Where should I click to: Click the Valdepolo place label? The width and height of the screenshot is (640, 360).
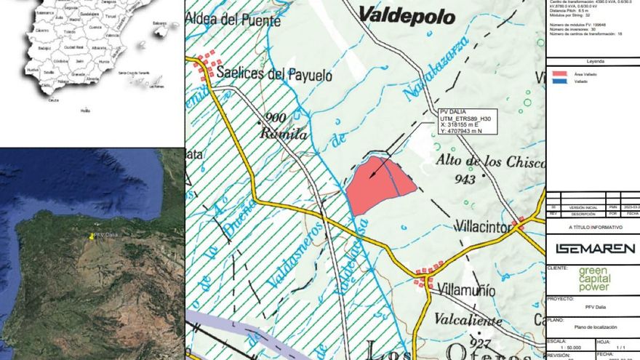tap(407, 15)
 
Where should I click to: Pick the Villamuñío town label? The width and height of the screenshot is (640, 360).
tap(468, 291)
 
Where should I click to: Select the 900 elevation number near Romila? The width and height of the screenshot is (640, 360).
tap(276, 118)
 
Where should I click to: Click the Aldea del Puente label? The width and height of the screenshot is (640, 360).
tap(233, 22)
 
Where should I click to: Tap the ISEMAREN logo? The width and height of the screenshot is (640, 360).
tap(595, 249)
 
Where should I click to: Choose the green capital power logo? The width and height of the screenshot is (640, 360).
tap(595, 279)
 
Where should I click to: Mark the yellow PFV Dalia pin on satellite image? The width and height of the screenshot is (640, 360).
tap(92, 236)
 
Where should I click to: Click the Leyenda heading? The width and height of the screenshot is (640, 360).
tap(595, 62)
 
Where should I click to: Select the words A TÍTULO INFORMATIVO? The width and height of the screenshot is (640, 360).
tap(595, 228)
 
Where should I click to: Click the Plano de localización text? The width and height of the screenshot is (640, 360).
tap(595, 328)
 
